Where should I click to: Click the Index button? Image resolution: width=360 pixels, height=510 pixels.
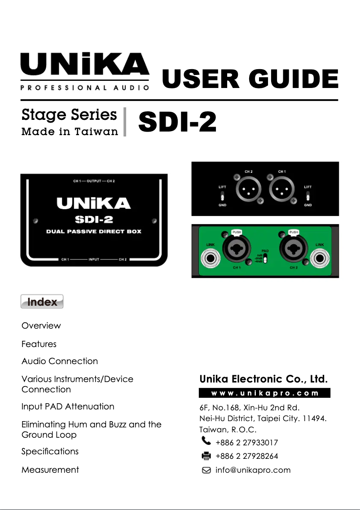(42, 302)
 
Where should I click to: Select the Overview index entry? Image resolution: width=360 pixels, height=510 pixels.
(41, 325)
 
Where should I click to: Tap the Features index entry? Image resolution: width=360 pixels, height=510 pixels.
(39, 344)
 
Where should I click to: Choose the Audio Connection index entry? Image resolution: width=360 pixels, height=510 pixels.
(59, 361)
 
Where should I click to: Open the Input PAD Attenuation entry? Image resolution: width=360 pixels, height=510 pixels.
(68, 406)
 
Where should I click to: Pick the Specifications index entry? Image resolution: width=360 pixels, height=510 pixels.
(50, 451)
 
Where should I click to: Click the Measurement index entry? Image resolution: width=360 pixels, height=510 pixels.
(50, 470)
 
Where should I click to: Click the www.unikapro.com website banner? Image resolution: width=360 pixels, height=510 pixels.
(264, 393)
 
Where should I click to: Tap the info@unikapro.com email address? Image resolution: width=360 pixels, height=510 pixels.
(253, 470)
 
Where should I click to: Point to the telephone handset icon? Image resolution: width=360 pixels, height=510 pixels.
(206, 442)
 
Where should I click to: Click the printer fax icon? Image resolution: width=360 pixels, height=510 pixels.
(206, 456)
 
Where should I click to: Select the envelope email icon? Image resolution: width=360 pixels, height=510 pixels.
(206, 470)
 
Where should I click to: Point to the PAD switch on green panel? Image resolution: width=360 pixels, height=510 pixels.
(265, 259)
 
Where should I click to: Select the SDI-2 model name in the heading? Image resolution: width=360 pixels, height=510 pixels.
(177, 123)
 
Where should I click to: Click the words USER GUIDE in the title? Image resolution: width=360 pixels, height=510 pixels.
(250, 79)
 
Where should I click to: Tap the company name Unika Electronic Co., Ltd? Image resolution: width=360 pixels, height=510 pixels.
(263, 379)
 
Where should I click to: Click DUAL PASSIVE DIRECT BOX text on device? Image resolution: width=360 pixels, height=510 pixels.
(94, 232)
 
